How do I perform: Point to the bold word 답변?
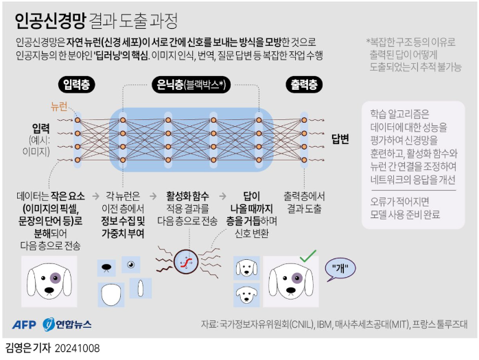coord(340,139)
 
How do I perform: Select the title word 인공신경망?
coord(41,16)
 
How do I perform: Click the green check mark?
coord(307,257)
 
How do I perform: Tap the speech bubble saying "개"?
coord(341,268)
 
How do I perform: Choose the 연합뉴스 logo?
coord(67,324)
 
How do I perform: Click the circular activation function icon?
coord(184,261)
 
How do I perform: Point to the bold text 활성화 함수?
coord(187,195)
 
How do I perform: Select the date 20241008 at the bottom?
coord(78,348)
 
